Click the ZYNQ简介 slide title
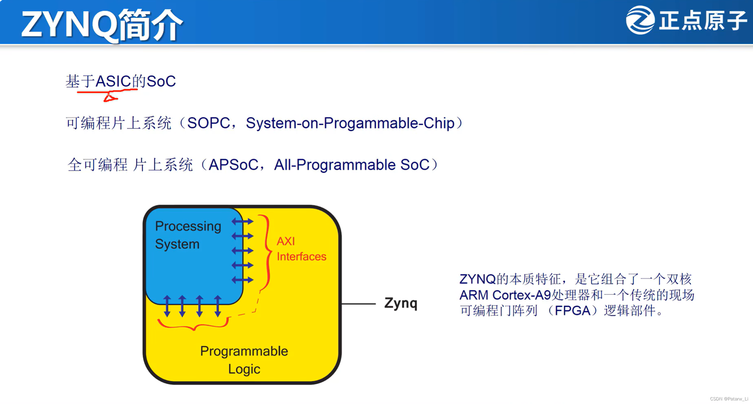pos(102,24)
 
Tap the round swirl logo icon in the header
pos(640,20)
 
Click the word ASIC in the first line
pos(113,81)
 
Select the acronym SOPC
pos(208,123)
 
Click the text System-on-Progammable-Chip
pos(350,123)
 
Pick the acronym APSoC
pos(233,165)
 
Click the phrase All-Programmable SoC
pos(352,165)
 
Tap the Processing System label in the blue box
pos(188,235)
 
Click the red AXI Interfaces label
pos(301,249)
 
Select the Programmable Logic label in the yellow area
pos(244,360)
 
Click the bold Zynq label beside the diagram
pos(401,303)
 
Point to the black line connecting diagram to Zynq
pos(358,304)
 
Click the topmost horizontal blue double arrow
pos(243,222)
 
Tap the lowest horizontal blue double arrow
pos(243,280)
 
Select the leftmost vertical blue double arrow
pos(167,306)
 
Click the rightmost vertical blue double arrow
pos(218,306)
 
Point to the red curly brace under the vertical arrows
pos(193,326)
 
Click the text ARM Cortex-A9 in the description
pos(505,295)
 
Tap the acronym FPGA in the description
pos(573,311)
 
